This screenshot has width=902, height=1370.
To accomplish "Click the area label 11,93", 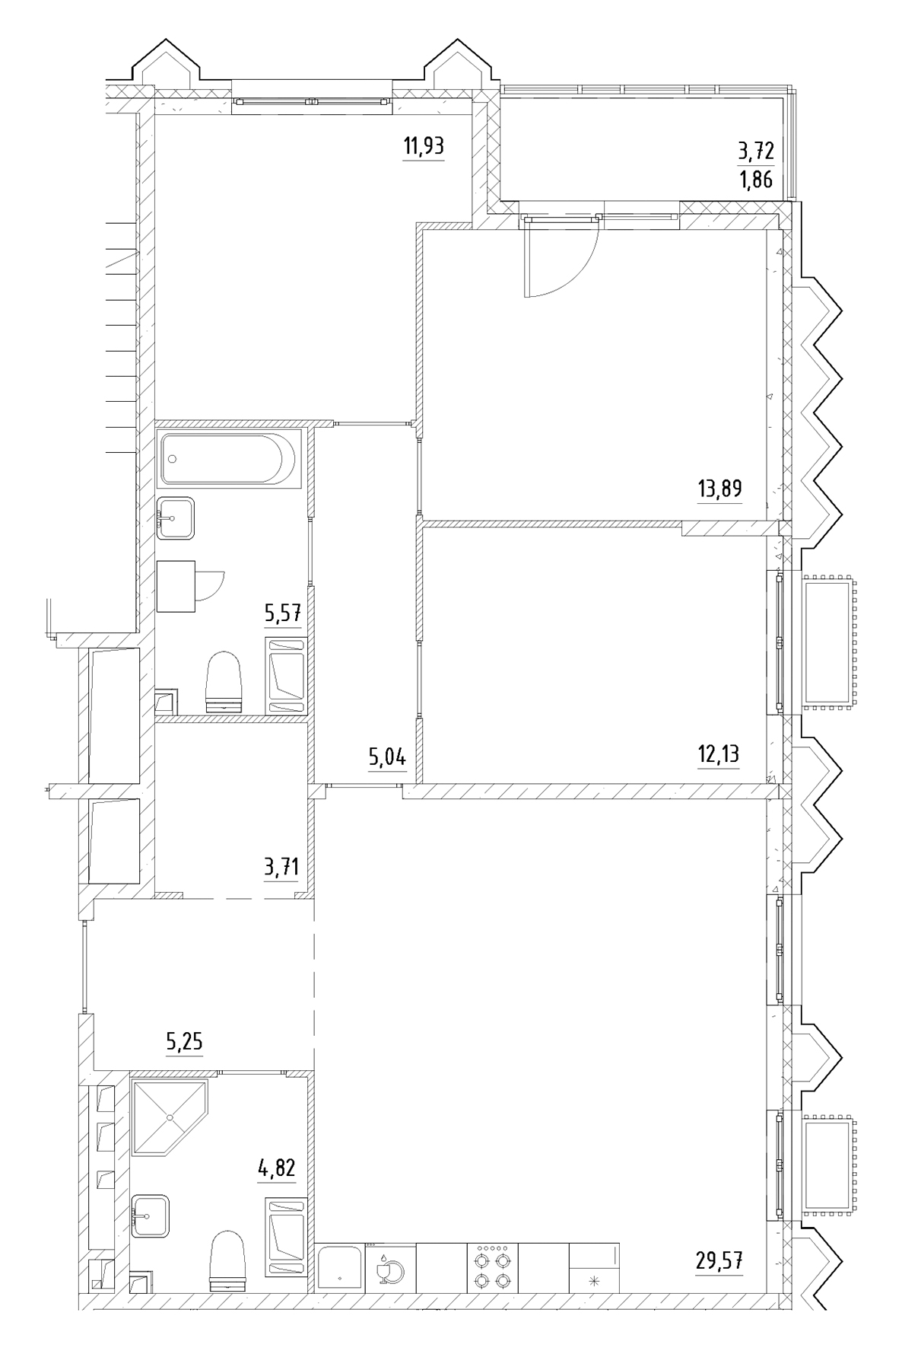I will (x=424, y=146).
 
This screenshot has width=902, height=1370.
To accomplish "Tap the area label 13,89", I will (x=719, y=488).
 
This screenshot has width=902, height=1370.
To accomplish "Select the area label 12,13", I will (x=718, y=754).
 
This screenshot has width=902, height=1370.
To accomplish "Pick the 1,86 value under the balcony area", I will (x=755, y=180).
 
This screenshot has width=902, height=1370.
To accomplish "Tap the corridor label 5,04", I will (x=387, y=757).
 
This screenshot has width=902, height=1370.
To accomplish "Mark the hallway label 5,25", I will (x=185, y=1040).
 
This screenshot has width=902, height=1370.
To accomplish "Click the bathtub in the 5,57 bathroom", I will (x=227, y=459).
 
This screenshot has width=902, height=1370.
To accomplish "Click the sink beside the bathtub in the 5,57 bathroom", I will (x=175, y=518).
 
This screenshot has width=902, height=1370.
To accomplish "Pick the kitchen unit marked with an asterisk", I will (x=594, y=1269).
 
